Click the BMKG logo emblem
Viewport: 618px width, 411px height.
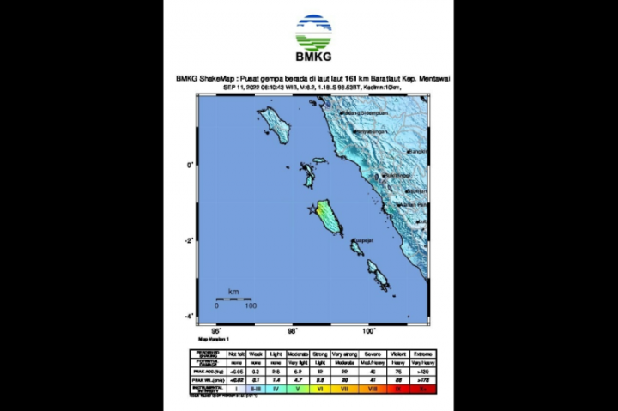[x=312, y=33]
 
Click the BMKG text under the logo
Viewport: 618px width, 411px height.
[x=312, y=57]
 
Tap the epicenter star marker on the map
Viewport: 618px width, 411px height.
[x=312, y=208]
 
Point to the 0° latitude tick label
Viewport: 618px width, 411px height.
[x=190, y=165]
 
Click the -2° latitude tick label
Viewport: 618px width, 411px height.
[x=189, y=240]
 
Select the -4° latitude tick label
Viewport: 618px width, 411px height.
[x=189, y=317]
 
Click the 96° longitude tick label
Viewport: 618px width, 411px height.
[x=216, y=330]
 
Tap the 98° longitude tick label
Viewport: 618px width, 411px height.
[x=292, y=330]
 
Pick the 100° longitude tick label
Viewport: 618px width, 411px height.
[x=368, y=330]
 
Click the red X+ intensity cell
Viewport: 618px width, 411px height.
[x=424, y=388]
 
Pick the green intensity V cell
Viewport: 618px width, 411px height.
[x=297, y=388]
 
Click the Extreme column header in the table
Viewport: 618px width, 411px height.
[x=424, y=353]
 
